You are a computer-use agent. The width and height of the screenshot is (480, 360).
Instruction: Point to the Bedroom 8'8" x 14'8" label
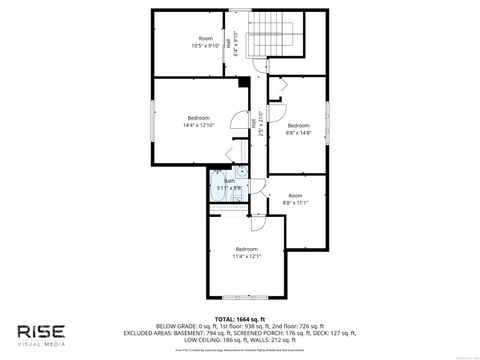point(298,128)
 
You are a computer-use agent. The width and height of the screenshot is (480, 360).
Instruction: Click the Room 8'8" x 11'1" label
point(295,198)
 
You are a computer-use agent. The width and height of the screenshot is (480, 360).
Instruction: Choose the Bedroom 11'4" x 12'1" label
point(247,251)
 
